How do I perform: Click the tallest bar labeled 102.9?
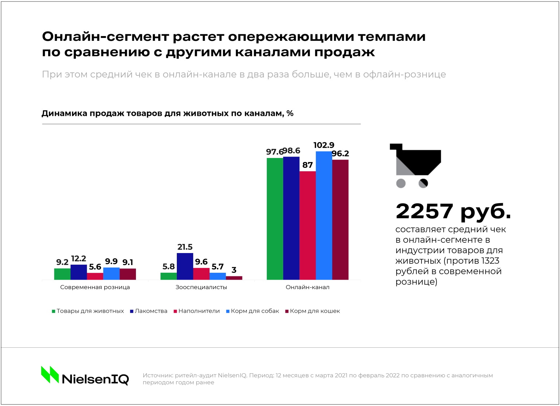pyautogui.click(x=324, y=216)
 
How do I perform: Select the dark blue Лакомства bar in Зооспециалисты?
pyautogui.click(x=185, y=267)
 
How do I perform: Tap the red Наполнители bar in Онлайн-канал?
pyautogui.click(x=307, y=225)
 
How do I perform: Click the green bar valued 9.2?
pyautogui.click(x=62, y=274)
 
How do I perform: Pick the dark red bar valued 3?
pyautogui.click(x=234, y=278)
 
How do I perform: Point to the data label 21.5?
pyautogui.click(x=185, y=247)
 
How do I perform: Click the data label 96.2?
pyautogui.click(x=340, y=154)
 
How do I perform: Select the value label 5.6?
pyautogui.click(x=95, y=267)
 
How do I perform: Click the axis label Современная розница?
pyautogui.click(x=95, y=287)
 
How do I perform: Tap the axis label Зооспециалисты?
pyautogui.click(x=201, y=287)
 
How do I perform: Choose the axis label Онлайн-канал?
pyautogui.click(x=307, y=287)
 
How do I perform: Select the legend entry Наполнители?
pyautogui.click(x=199, y=311)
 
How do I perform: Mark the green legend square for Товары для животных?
pyautogui.click(x=54, y=311)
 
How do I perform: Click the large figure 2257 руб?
pyautogui.click(x=453, y=211)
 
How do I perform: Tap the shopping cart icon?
pyautogui.click(x=416, y=165)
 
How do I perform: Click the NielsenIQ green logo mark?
pyautogui.click(x=50, y=375)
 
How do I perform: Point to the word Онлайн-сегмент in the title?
pyautogui.click(x=105, y=36)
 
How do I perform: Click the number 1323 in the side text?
pyautogui.click(x=490, y=261)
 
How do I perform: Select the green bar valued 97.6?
pyautogui.click(x=275, y=218)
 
